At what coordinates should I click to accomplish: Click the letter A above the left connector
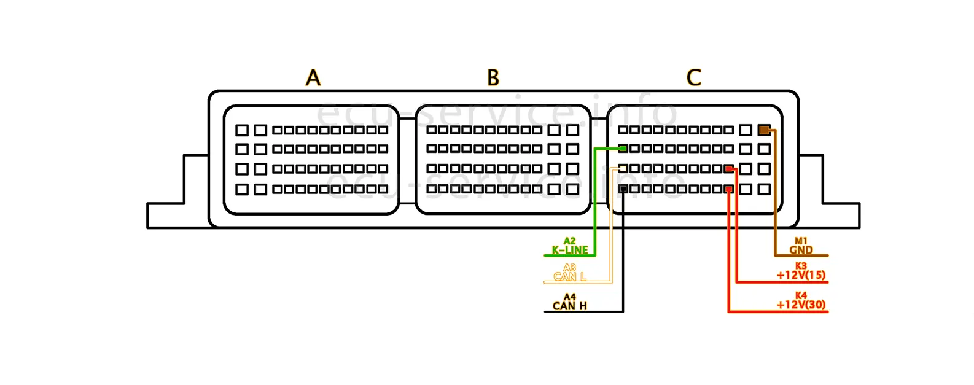pyautogui.click(x=313, y=78)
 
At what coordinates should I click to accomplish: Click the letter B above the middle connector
pyautogui.click(x=493, y=78)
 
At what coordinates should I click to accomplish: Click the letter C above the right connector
pyautogui.click(x=693, y=78)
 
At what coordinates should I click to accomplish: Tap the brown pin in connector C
pyautogui.click(x=764, y=130)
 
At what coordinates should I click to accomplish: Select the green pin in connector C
pyautogui.click(x=623, y=149)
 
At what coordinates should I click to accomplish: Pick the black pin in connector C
pyautogui.click(x=623, y=189)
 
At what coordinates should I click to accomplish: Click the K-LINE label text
pyautogui.click(x=570, y=250)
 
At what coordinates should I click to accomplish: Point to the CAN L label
pyautogui.click(x=570, y=277)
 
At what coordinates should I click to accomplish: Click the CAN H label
pyautogui.click(x=570, y=306)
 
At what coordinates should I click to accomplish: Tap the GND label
pyautogui.click(x=801, y=250)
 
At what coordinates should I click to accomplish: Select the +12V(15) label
pyautogui.click(x=801, y=275)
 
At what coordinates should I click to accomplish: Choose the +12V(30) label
pyautogui.click(x=801, y=305)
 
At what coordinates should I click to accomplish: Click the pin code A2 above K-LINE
pyautogui.click(x=570, y=241)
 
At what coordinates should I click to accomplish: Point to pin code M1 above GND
pyautogui.click(x=801, y=241)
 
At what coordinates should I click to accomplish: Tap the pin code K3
pyautogui.click(x=801, y=266)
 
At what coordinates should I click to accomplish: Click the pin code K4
pyautogui.click(x=801, y=295)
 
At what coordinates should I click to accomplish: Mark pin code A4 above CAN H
pyautogui.click(x=570, y=297)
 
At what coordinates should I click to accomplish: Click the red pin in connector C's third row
pyautogui.click(x=729, y=169)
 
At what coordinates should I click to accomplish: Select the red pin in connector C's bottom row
pyautogui.click(x=729, y=189)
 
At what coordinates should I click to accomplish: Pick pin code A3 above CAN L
pyautogui.click(x=570, y=268)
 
